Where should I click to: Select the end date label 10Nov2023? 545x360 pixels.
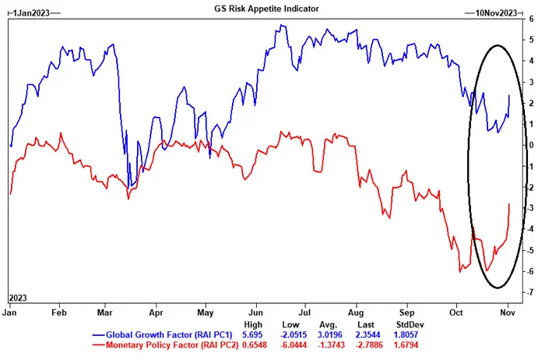click(493, 13)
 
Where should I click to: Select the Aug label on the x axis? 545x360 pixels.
click(355, 311)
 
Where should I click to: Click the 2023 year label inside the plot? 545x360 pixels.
click(19, 298)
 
